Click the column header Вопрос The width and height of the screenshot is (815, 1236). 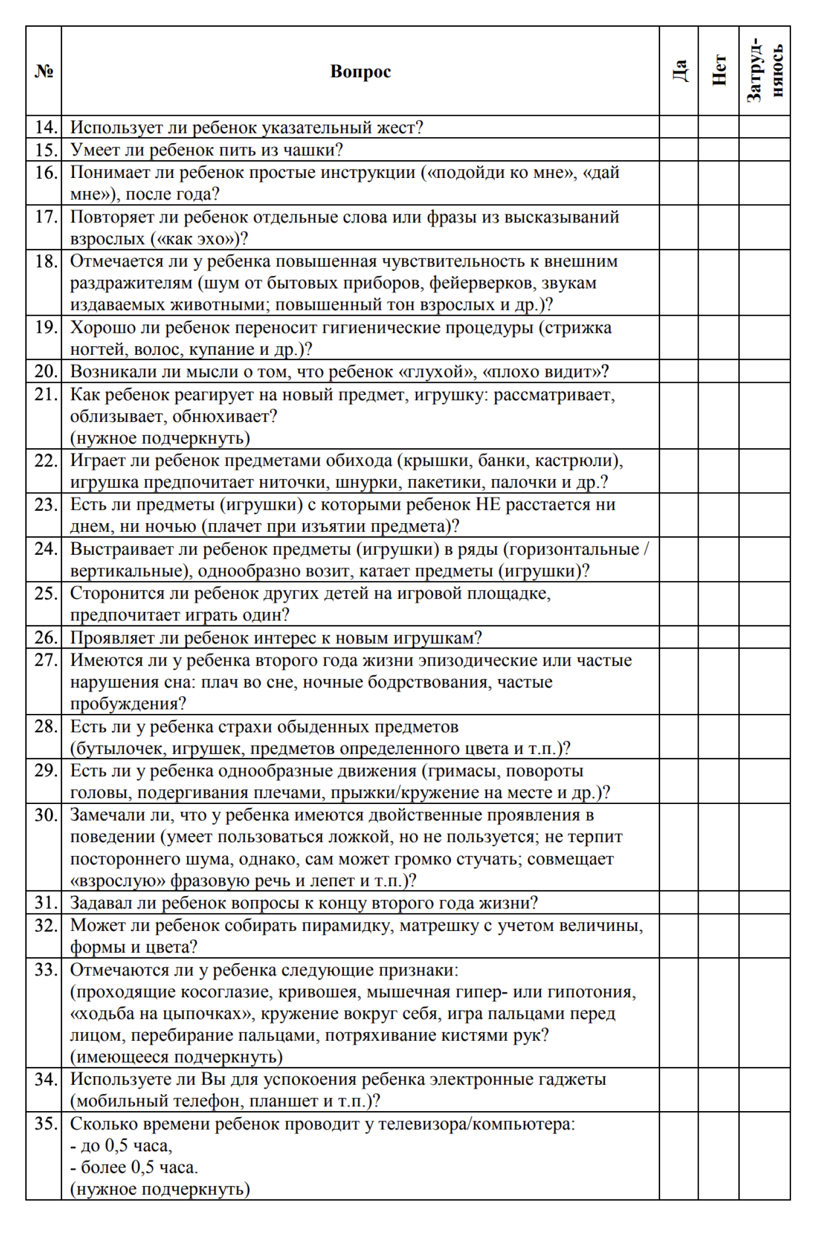point(360,71)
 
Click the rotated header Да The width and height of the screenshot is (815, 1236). point(679,71)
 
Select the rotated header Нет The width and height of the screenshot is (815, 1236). point(719,71)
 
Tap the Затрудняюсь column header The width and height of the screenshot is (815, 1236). point(765,71)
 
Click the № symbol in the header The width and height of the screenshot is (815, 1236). point(44,71)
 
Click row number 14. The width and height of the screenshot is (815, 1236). point(46,128)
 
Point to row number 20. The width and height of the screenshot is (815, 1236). point(46,371)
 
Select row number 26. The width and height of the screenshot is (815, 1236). point(46,638)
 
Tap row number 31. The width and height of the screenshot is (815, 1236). point(46,903)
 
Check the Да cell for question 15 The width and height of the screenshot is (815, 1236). point(679,150)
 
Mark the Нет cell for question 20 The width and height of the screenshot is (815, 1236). point(719,371)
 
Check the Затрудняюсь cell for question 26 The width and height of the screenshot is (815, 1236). point(765,637)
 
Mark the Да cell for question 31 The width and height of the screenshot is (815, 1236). point(679,903)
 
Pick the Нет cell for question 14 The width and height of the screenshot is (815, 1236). point(719,127)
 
